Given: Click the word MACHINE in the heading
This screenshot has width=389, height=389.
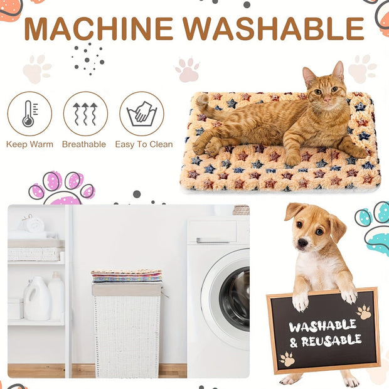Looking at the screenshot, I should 99,28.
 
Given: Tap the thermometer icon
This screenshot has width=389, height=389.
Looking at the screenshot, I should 29,114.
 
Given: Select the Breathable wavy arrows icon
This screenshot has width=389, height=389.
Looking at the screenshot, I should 85,114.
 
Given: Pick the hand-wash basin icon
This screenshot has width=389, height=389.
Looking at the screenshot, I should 141,114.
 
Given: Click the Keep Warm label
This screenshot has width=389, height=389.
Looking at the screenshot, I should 29,144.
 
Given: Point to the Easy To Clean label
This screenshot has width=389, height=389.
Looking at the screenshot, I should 144,144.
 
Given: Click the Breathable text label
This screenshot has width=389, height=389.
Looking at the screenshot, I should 84,144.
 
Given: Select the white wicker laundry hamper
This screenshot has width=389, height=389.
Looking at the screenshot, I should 127,329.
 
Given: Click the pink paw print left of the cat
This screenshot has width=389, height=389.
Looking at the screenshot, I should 188,70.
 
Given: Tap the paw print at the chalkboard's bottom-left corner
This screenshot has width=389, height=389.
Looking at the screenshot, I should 287,359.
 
